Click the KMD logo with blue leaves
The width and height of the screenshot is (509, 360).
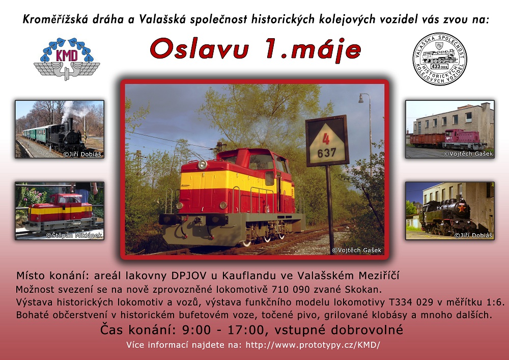[67, 59]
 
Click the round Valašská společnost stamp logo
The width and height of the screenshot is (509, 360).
[440, 59]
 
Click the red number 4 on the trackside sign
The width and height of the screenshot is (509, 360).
[326, 139]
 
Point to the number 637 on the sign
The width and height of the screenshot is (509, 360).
[327, 153]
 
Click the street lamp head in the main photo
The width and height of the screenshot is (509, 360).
[361, 98]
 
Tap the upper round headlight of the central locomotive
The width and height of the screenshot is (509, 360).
[202, 165]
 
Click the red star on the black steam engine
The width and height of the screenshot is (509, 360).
[461, 208]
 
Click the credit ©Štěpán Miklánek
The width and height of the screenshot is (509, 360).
[74, 235]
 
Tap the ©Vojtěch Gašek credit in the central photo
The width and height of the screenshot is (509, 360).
[356, 251]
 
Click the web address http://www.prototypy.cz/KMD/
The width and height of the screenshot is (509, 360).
[313, 345]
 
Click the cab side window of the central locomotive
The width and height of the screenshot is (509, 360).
[261, 161]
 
